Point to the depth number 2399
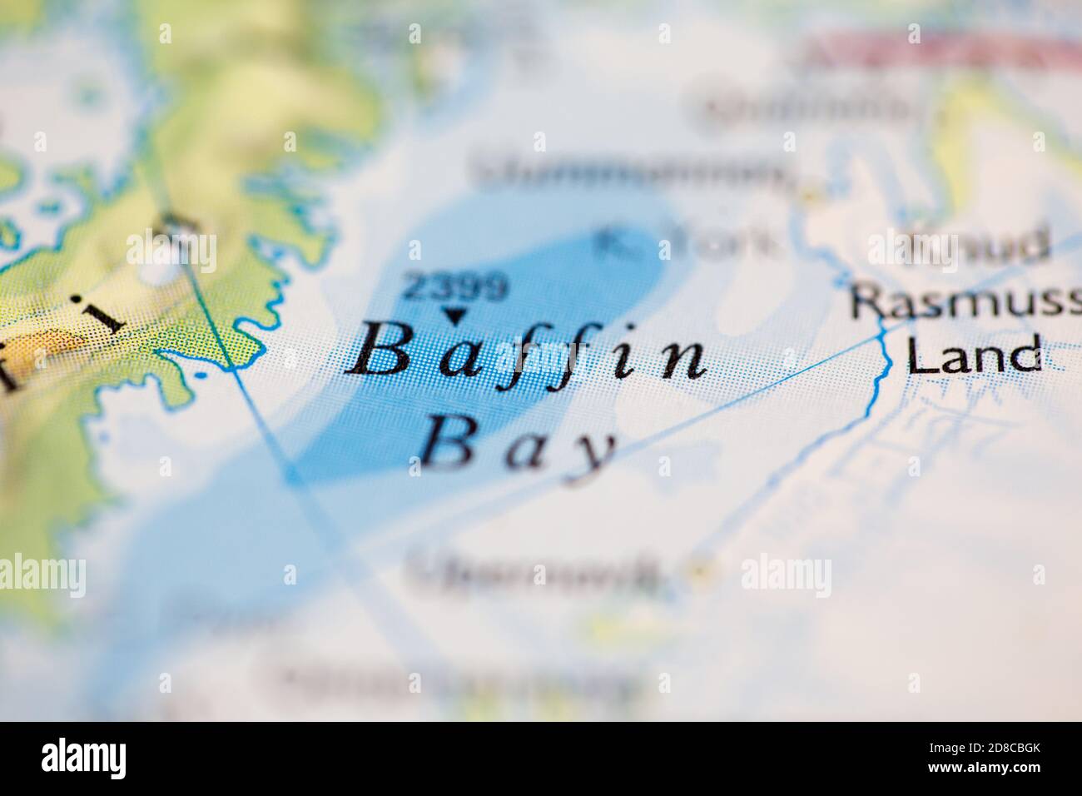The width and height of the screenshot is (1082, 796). [x=454, y=288]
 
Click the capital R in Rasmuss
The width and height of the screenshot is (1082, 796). [x=866, y=304]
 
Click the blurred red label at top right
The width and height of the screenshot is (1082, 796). [x=941, y=52]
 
